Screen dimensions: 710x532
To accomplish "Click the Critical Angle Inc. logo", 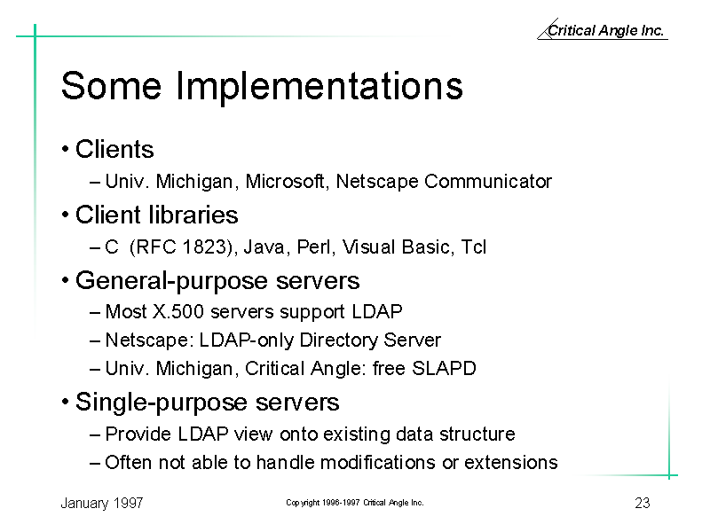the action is point(603,30).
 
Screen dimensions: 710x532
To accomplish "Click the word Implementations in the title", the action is point(319,86).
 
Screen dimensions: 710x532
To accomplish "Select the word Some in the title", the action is point(111,86).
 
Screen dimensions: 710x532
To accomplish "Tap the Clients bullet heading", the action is point(114,149).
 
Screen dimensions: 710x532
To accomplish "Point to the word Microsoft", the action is point(285,182).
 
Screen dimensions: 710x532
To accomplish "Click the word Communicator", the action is point(488,182).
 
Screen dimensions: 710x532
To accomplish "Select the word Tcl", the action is point(474,247).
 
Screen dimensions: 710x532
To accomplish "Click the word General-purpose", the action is point(172,281).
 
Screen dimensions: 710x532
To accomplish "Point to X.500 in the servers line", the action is point(178,312).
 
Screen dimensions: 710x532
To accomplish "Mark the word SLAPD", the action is point(444,368).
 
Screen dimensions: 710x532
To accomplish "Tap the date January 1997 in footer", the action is point(102,503).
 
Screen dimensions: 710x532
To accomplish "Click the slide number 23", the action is point(643,503).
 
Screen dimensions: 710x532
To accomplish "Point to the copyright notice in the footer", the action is point(355,503).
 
